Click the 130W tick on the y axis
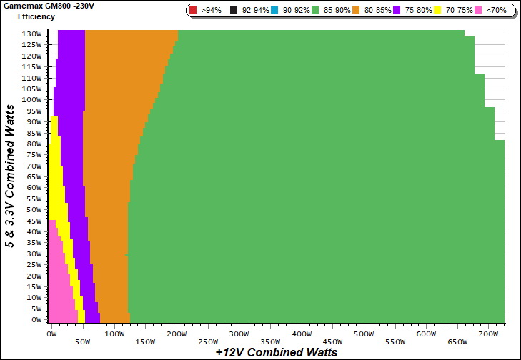(x=32, y=34)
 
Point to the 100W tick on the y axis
(x=32, y=100)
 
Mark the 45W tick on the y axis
(x=34, y=221)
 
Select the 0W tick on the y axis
(x=36, y=320)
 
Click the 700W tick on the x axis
(x=489, y=334)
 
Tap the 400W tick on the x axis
(x=302, y=334)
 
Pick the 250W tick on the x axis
(x=208, y=341)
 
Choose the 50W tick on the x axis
(x=83, y=341)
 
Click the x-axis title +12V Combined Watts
(x=276, y=352)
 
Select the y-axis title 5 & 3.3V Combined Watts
(x=10, y=176)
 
